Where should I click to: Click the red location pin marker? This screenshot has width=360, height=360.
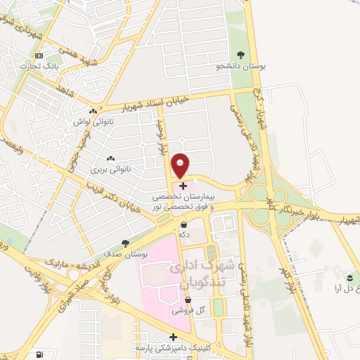(181, 165)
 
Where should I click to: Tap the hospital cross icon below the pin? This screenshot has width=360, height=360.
(184, 186)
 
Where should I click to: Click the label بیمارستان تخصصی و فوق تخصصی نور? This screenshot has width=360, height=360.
(184, 202)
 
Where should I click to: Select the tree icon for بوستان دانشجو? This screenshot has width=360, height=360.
(241, 55)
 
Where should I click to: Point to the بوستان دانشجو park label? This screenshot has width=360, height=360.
(241, 68)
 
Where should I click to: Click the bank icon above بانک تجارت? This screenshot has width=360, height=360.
(39, 56)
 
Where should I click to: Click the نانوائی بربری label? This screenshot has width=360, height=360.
(108, 170)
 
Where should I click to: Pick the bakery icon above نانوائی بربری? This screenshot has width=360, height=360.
(109, 158)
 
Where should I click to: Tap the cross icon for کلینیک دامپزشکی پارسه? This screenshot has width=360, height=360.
(174, 337)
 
